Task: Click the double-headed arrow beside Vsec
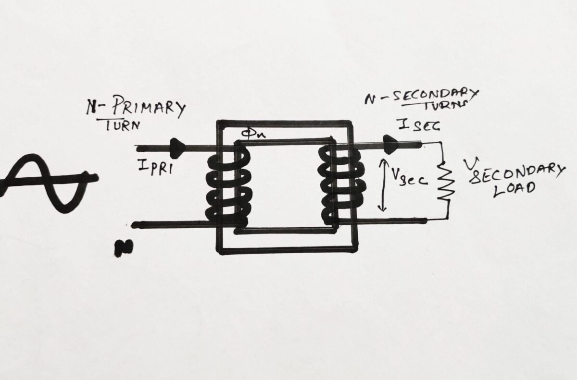pyautogui.click(x=382, y=185)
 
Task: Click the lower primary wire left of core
pyautogui.click(x=168, y=224)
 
